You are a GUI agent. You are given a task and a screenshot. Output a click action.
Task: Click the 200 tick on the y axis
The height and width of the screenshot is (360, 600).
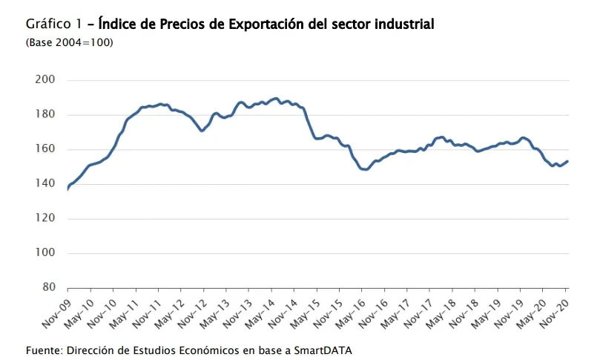click(46, 80)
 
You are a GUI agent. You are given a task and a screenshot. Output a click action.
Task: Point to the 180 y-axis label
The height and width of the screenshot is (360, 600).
click(46, 115)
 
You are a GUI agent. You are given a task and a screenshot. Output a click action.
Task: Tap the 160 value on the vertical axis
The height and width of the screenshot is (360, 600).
click(46, 149)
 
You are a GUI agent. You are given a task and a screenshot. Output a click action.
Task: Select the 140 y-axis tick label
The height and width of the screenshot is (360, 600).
click(46, 184)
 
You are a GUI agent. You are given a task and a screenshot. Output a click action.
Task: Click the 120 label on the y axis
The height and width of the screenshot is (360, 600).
click(46, 219)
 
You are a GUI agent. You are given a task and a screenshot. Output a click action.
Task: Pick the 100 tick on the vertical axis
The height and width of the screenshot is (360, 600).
click(46, 253)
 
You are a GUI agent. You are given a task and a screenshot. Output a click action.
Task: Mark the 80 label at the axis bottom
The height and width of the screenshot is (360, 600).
click(49, 288)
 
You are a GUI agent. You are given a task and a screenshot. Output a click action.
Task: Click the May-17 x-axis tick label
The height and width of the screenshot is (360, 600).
click(394, 311)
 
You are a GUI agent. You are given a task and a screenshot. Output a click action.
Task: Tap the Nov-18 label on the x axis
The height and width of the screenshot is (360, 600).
click(462, 311)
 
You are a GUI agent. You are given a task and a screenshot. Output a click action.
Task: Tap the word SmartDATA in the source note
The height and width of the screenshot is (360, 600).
click(323, 350)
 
